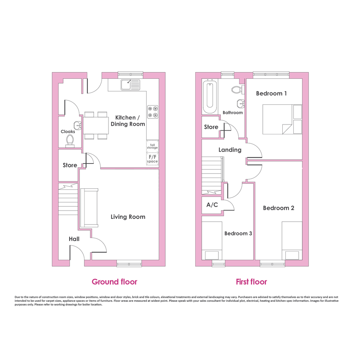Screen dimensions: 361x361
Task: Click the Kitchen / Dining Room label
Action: pos(128,121)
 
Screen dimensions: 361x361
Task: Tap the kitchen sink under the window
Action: pos(130,85)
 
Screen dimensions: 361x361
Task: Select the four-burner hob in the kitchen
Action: pos(153,112)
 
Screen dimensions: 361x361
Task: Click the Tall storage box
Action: pos(152,146)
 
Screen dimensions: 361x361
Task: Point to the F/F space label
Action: pos(152,159)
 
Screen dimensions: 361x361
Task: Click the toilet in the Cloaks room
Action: pos(70,141)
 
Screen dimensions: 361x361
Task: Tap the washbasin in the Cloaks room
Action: pos(78,126)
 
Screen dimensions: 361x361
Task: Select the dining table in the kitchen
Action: pos(96,125)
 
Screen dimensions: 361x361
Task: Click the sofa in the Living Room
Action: pos(89,208)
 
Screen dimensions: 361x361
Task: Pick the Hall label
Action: pos(74,239)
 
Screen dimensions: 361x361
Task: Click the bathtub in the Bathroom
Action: pos(209,97)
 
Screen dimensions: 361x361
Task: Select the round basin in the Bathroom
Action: pos(241,104)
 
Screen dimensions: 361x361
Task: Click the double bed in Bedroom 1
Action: pos(282,119)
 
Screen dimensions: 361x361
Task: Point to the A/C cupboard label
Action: pos(212,205)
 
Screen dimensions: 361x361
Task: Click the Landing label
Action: pos(230,150)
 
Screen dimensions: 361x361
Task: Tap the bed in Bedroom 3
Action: pos(212,241)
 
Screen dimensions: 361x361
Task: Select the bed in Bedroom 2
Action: pos(292,241)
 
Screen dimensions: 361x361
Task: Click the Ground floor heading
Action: pos(115,282)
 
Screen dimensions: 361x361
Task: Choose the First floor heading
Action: pos(251,282)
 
